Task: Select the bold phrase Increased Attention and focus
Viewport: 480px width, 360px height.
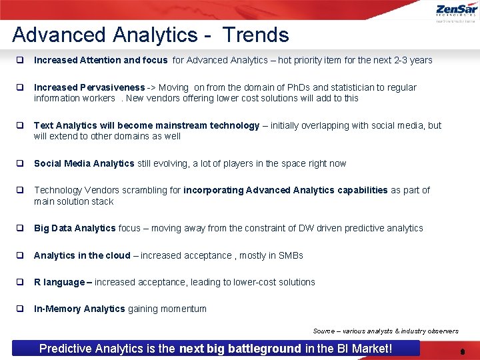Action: [x=101, y=60]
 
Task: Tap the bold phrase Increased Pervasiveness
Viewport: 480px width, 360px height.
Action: [x=89, y=87]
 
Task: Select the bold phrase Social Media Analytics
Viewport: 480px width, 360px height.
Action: [x=84, y=163]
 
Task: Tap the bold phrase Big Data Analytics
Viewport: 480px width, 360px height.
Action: [x=75, y=228]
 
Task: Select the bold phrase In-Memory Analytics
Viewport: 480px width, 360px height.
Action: [x=79, y=309]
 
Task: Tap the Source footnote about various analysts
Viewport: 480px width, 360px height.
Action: [x=385, y=331]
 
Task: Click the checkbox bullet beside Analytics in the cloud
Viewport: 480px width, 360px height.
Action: [x=21, y=255]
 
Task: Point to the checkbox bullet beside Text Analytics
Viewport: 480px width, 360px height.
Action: [x=21, y=125]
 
